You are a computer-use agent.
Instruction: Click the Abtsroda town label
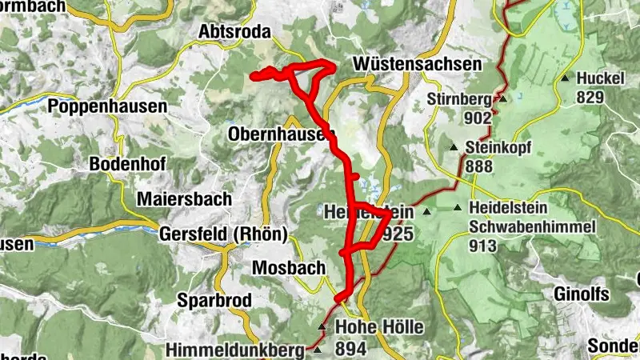pos(235,31)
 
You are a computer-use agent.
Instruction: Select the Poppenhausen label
pos(107,106)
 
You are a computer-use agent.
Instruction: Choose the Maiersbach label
pos(184,198)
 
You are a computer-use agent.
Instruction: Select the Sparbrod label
pos(215,301)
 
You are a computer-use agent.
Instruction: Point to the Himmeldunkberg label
pos(234,350)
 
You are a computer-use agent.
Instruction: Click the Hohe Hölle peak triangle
pos(322,326)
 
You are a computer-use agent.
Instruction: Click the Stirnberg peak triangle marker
pos(503,99)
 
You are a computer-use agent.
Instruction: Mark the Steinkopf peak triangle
pos(454,147)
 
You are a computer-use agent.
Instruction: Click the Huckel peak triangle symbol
pos(565,78)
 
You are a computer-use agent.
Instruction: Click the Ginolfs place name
pos(581,294)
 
